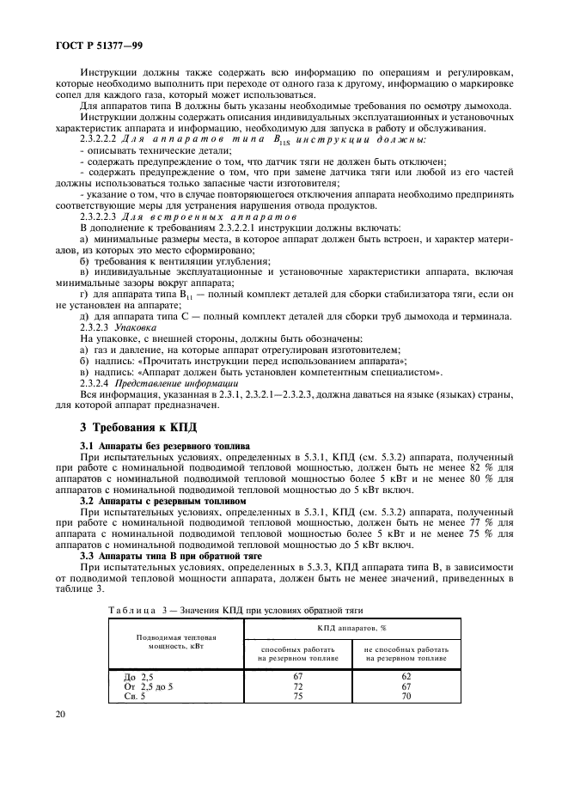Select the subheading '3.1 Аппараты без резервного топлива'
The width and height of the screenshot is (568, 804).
tap(164, 446)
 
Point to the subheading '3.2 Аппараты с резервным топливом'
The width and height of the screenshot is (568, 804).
tap(162, 500)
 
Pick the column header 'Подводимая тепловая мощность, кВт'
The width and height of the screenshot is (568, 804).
tap(176, 643)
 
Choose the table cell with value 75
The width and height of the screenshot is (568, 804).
tap(298, 697)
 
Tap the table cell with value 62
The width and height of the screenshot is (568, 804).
tap(406, 677)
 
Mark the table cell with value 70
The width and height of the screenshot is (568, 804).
tap(406, 697)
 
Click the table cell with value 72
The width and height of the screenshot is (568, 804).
tap(298, 687)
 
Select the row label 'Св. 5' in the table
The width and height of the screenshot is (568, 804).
tap(136, 697)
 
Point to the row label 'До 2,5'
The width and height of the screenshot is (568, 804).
tap(140, 677)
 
